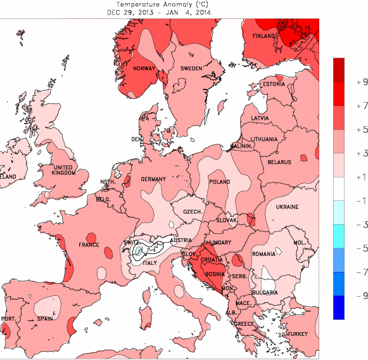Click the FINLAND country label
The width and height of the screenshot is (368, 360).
coord(264,37)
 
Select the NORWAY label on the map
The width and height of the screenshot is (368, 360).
coord(144,69)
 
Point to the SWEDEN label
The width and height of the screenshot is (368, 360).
coord(191,68)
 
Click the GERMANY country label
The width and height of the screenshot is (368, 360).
coord(153,180)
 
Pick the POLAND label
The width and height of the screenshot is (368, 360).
coord(220,182)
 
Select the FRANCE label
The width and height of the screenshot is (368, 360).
coord(89,245)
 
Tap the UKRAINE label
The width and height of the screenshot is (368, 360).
coord(286,207)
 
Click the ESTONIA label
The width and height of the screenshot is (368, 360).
coord(274,84)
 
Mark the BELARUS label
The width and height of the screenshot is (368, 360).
coord(279,162)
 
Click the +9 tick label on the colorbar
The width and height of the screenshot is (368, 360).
coord(345,82)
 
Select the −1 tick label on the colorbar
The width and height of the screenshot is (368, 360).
coord(345,201)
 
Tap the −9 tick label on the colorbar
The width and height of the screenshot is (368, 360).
coord(345,295)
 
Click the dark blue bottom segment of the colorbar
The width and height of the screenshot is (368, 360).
coord(339,307)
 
